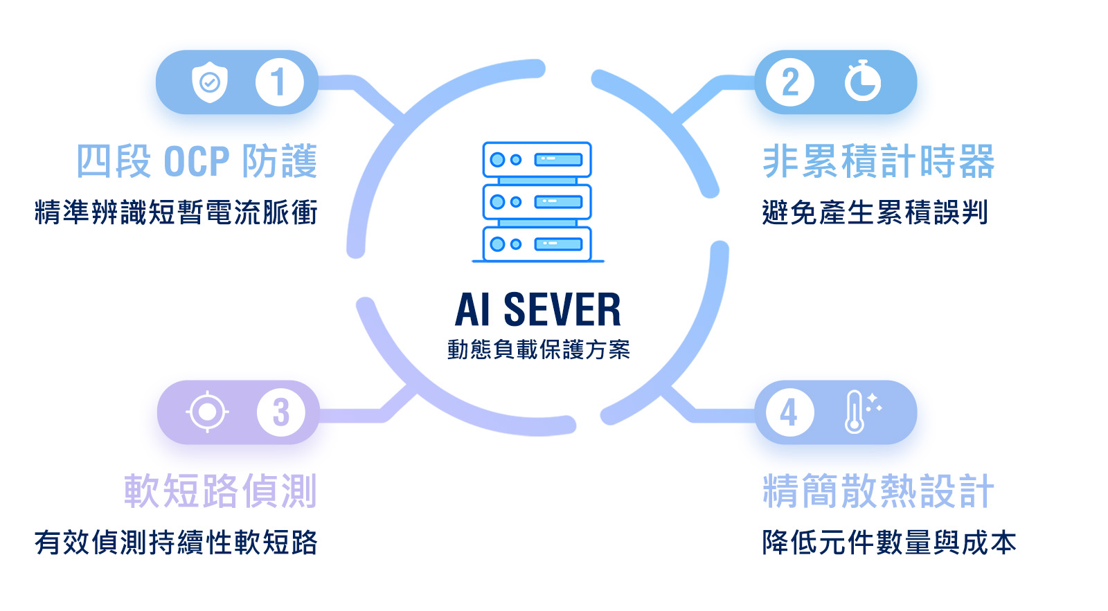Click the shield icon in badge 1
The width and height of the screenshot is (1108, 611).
click(209, 82)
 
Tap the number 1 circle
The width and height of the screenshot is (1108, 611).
click(279, 82)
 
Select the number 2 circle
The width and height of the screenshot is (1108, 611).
click(790, 82)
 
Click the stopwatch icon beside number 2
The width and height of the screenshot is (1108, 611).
click(862, 82)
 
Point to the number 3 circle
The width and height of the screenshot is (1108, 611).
click(280, 412)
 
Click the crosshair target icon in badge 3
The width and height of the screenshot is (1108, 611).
click(207, 412)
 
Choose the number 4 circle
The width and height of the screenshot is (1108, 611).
click(789, 413)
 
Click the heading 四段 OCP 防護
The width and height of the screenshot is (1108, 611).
click(197, 161)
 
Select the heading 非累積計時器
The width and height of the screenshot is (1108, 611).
click(878, 161)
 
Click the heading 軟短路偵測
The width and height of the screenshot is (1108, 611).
click(220, 491)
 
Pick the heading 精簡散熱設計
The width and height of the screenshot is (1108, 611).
click(878, 491)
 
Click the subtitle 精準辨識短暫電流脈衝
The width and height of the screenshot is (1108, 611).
click(176, 212)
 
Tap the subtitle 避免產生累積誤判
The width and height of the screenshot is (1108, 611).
click(875, 212)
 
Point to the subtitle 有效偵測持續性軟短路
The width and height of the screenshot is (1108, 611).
click(176, 542)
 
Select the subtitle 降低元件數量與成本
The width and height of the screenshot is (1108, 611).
click(889, 542)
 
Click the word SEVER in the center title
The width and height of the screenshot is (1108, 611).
click(562, 309)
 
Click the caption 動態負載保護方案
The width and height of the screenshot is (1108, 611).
click(538, 349)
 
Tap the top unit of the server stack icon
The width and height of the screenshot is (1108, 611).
click(537, 160)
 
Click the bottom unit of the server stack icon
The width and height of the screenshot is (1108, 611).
click(537, 244)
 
